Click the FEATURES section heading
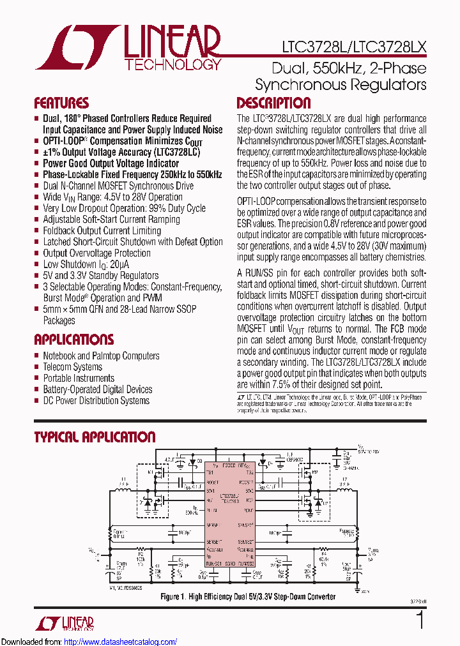(x=61, y=103)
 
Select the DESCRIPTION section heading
(x=273, y=103)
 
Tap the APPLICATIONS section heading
(x=74, y=340)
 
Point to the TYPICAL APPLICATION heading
(x=95, y=437)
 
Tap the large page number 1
(x=420, y=620)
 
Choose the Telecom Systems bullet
(x=72, y=367)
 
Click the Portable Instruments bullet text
(x=79, y=378)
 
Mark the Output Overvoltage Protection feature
(x=96, y=253)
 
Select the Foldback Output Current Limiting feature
(x=102, y=230)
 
